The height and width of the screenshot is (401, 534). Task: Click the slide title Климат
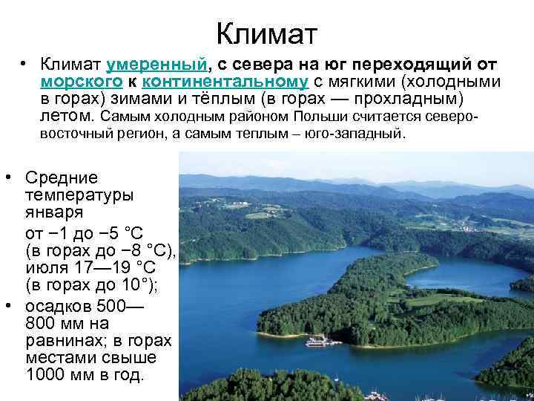click(x=266, y=33)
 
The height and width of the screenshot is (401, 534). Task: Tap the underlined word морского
click(x=71, y=82)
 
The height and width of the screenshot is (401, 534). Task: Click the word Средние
click(x=62, y=178)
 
